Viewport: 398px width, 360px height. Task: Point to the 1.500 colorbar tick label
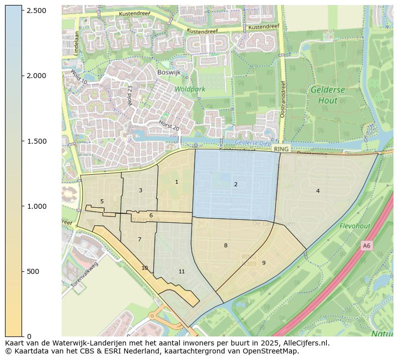(36, 141)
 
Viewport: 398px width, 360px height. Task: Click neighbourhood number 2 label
(236, 185)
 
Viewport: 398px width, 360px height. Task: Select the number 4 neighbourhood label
(318, 191)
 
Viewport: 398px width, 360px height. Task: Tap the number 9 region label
(264, 263)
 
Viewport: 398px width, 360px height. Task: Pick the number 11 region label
(181, 272)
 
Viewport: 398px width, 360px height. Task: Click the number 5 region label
(102, 202)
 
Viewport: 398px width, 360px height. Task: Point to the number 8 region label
(226, 245)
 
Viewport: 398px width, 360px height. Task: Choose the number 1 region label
(176, 182)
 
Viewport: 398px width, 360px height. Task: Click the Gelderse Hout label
(327, 95)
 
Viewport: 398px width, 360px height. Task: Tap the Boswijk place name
(168, 72)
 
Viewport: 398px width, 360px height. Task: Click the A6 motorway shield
(366, 245)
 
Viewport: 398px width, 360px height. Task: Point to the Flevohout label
(355, 226)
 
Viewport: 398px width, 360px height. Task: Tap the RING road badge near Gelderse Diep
(281, 149)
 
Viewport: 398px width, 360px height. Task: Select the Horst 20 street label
(169, 126)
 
